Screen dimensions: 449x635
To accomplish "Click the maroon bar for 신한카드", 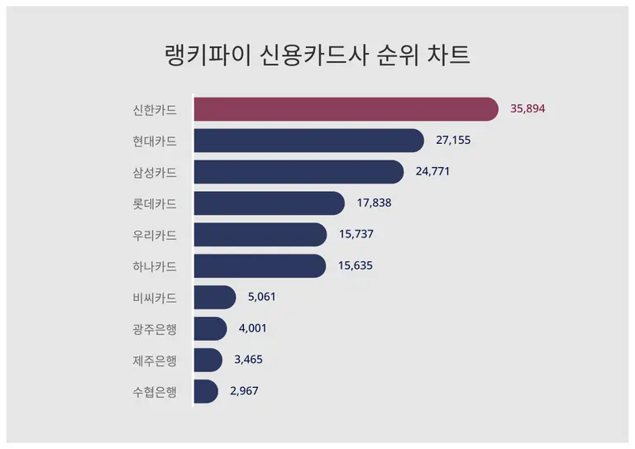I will point(346,109).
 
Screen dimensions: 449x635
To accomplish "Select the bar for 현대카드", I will point(308,141).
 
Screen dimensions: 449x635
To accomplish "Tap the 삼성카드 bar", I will point(298,172).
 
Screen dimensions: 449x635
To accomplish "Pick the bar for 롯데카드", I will point(269,203).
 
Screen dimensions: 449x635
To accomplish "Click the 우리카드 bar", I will point(260,235).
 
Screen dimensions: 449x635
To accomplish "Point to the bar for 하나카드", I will point(260,266).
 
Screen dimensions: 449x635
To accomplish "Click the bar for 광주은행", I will point(210,328).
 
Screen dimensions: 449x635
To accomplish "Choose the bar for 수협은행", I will point(206,391).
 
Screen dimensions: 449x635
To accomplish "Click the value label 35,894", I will point(528,109).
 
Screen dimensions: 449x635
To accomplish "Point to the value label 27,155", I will point(453,141).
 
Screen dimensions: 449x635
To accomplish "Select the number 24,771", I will point(432,172).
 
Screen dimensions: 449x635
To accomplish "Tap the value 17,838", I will point(374,203).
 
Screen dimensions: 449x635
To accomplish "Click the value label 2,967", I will point(245,391).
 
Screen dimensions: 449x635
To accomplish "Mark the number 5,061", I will point(262,298).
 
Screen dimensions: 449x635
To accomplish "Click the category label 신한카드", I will point(155,109).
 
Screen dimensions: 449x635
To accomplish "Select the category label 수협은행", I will point(155,391).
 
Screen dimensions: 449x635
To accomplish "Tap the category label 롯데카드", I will point(155,203).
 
